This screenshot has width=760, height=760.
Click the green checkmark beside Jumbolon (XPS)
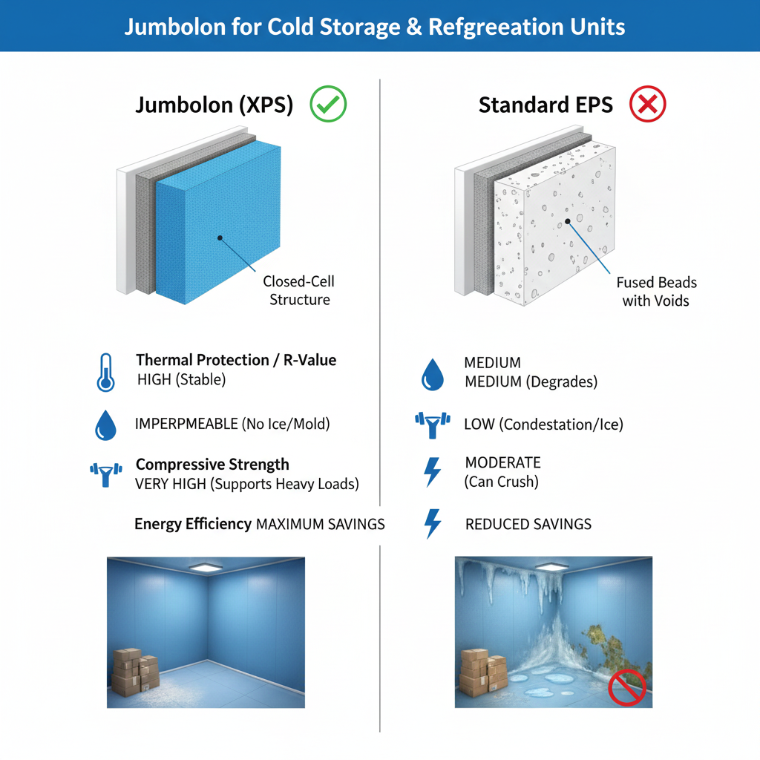(x=328, y=104)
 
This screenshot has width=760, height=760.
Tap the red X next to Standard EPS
(x=647, y=104)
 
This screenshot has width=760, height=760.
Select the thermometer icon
(x=106, y=372)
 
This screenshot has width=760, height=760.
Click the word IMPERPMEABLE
(x=186, y=425)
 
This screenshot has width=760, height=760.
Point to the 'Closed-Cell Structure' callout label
(x=299, y=291)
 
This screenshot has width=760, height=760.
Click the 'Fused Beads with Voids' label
(x=657, y=292)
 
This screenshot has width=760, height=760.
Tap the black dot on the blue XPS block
(x=220, y=237)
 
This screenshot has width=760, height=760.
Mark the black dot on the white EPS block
(x=568, y=220)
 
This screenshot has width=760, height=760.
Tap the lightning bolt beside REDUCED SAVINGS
(x=432, y=523)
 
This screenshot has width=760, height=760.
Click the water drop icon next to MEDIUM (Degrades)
(x=432, y=374)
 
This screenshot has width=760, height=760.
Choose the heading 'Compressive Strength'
(x=212, y=465)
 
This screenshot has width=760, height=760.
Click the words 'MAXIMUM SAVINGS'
(x=320, y=524)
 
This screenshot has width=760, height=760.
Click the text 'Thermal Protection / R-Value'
(x=236, y=361)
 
